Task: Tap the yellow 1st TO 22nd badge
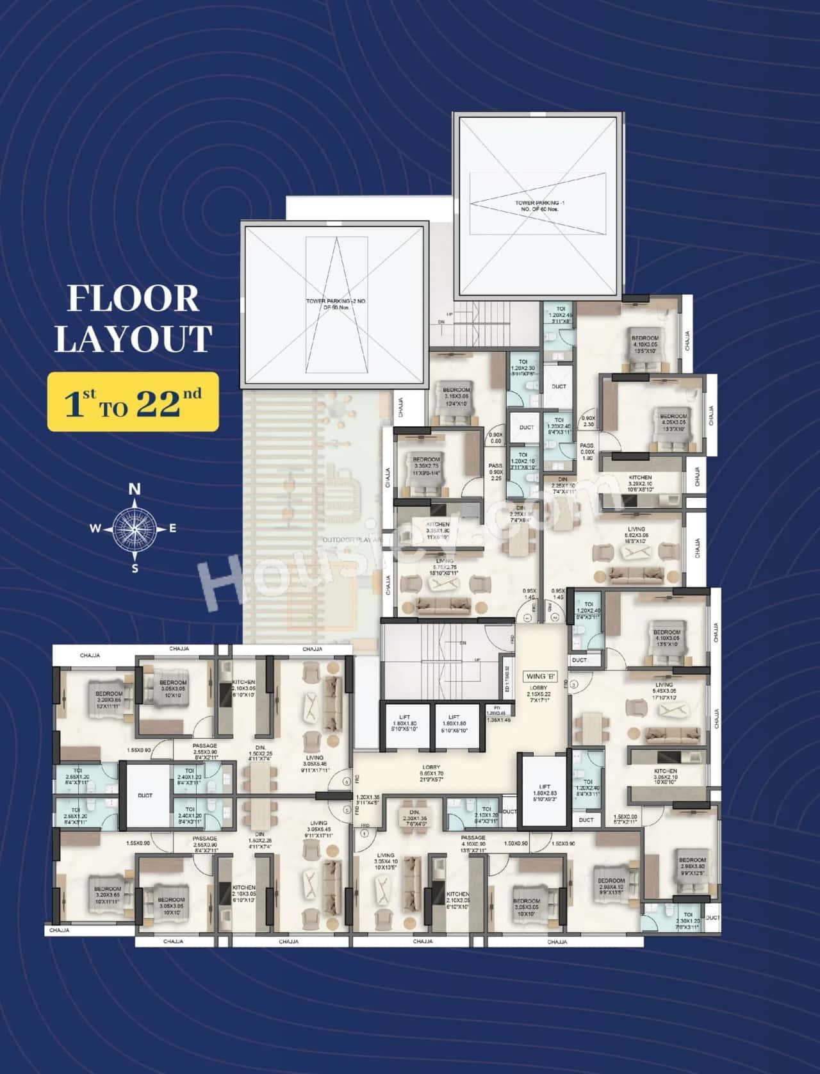tap(133, 402)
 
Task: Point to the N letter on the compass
tap(135, 490)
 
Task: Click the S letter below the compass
tap(135, 567)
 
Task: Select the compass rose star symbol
tap(135, 528)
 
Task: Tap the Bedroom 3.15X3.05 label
tap(455, 393)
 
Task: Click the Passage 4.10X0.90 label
tap(473, 841)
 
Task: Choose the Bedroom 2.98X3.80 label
tap(692, 864)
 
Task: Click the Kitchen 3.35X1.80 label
tap(438, 528)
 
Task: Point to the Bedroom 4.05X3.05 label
tap(673, 420)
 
